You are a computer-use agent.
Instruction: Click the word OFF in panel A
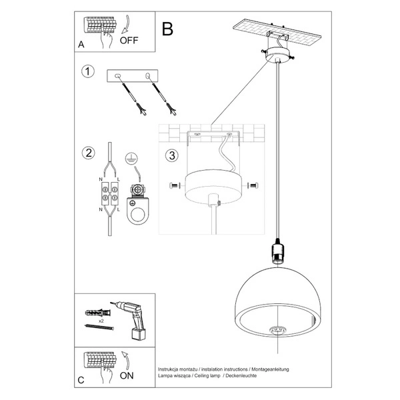point(129,41)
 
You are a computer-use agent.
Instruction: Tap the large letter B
point(167,29)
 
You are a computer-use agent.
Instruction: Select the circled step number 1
point(87,71)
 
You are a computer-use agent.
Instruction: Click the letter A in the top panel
point(81,45)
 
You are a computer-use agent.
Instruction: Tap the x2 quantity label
point(100,321)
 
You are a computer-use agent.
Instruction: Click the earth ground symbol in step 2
point(132,157)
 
